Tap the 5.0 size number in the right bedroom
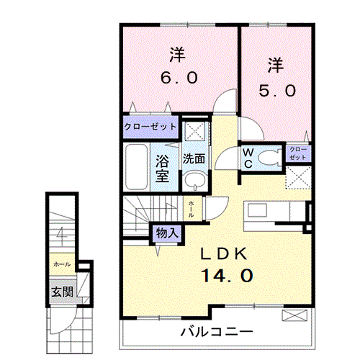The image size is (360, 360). pos(276,91)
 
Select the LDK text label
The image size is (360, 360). pos(223,253)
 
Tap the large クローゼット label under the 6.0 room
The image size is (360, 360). pos(150,126)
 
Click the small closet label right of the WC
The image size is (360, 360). pos(297,153)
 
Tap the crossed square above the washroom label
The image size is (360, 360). pos(193,132)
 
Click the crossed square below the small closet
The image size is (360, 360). pos(298,176)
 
